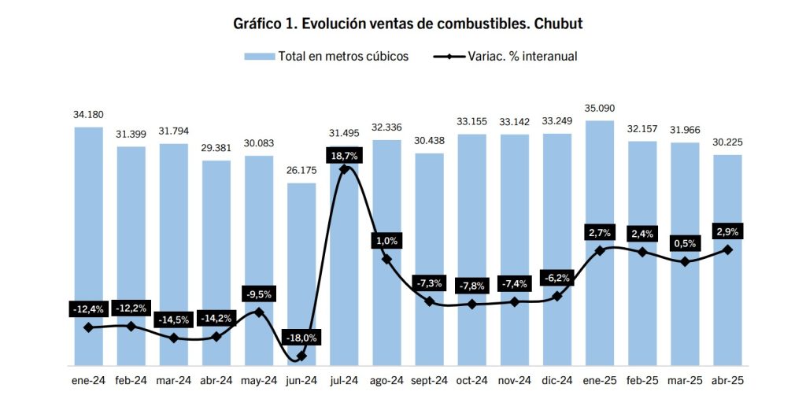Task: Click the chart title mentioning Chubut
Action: click(x=408, y=23)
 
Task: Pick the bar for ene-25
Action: click(x=600, y=197)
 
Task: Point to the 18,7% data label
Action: click(x=344, y=156)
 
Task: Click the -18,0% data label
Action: click(x=301, y=338)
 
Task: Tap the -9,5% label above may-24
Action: click(x=259, y=294)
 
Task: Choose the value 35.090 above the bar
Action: click(x=600, y=108)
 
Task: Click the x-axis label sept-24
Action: click(x=429, y=381)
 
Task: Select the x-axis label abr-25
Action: click(x=727, y=381)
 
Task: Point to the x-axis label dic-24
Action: click(x=557, y=381)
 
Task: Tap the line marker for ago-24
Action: click(x=386, y=258)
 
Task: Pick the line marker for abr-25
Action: click(x=727, y=249)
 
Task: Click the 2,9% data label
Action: click(x=727, y=231)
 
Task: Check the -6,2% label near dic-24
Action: click(x=557, y=278)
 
